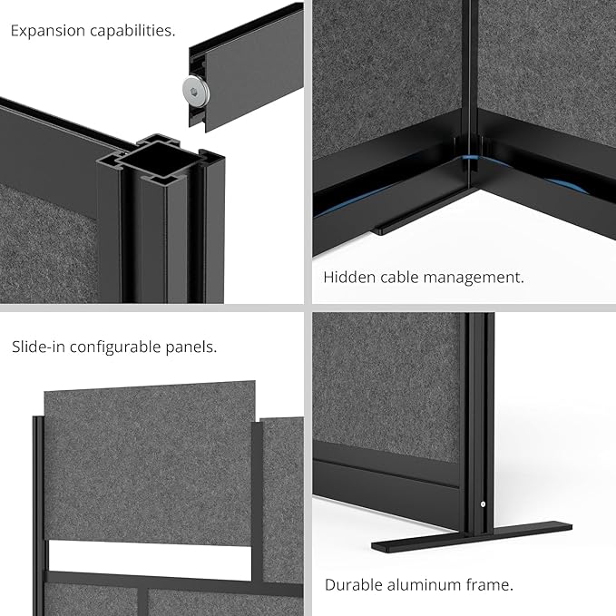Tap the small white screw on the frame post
(x=483, y=504)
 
